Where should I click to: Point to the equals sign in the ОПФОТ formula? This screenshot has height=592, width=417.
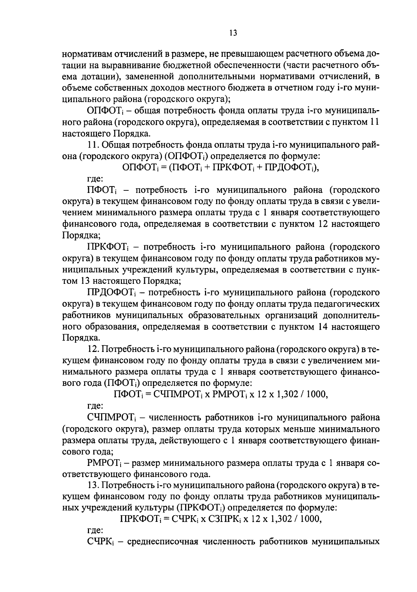(x=163, y=167)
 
